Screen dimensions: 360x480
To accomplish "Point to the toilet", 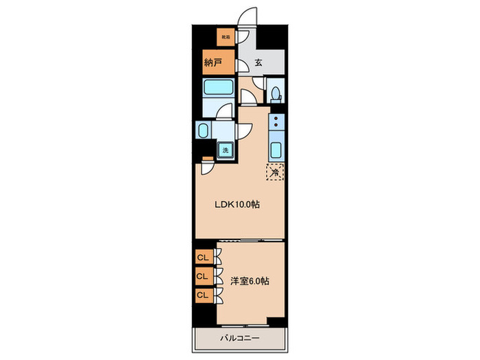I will tap(275, 93).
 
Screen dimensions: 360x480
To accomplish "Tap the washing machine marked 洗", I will tap(225, 149).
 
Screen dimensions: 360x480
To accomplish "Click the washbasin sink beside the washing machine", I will tap(204, 130).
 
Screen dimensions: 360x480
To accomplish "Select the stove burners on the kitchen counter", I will tap(276, 123).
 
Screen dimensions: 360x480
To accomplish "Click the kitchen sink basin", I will tap(276, 150).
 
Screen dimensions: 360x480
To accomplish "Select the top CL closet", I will tap(203, 258).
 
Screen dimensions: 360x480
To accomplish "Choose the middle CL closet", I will tap(203, 276).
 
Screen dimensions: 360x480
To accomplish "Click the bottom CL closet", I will tap(203, 294).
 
